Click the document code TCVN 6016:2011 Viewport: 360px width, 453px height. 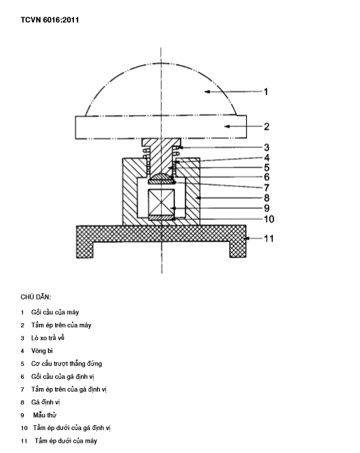(x=50, y=20)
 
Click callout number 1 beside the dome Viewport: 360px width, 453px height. (x=266, y=92)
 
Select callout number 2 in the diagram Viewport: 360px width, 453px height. (x=267, y=126)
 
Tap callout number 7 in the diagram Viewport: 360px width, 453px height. (x=267, y=188)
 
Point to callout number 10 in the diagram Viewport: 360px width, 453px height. (x=269, y=219)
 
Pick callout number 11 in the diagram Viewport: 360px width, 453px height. (x=269, y=239)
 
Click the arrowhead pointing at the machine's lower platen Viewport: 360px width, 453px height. (x=248, y=238)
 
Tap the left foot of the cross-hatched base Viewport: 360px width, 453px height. (x=85, y=250)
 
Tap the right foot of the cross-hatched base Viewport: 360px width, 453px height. (x=238, y=250)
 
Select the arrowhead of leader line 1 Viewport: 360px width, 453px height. (x=207, y=91)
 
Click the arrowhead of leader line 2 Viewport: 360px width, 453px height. (x=227, y=126)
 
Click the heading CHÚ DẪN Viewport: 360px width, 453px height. (x=36, y=297)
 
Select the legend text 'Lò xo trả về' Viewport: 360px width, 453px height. (x=48, y=338)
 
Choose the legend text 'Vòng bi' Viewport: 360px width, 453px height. (x=42, y=351)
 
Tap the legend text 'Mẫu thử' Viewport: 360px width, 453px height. (x=45, y=415)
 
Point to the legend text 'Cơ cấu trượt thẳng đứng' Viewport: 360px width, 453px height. (x=67, y=364)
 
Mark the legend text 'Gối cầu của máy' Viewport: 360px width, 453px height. (x=55, y=312)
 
